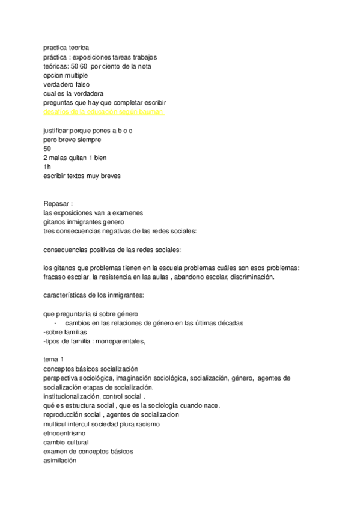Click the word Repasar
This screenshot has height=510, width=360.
click(x=56, y=203)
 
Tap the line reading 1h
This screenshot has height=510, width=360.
click(x=47, y=167)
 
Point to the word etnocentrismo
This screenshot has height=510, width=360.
click(x=64, y=433)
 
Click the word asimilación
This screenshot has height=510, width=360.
click(x=60, y=460)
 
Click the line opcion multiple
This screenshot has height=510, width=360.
click(x=66, y=76)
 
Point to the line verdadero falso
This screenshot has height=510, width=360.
click(x=67, y=85)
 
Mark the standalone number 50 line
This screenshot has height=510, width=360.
click(x=47, y=149)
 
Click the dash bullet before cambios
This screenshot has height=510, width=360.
click(x=55, y=323)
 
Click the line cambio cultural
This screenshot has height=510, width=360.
click(x=66, y=442)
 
